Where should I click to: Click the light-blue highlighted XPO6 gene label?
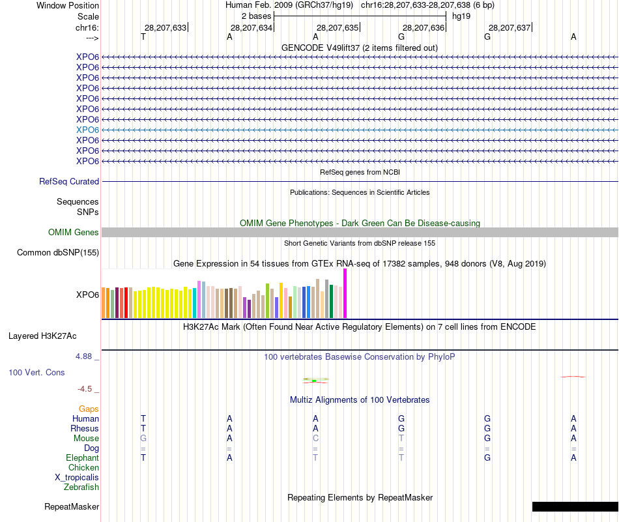coord(87,130)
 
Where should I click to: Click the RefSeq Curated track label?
coord(69,182)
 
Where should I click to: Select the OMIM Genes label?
coord(74,232)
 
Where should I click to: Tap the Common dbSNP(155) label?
coord(58,252)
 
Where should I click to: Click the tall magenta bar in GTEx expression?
coord(345,293)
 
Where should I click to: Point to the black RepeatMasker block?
coord(575,506)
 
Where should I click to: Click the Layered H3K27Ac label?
coord(42,336)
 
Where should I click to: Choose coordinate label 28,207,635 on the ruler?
coord(337,27)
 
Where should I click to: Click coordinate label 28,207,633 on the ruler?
coord(165,27)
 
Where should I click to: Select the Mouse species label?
coord(86,439)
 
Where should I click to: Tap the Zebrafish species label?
coord(81,487)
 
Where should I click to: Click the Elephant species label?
coord(83,458)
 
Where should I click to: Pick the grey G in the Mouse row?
coord(143,439)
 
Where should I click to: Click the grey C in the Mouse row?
coord(315,439)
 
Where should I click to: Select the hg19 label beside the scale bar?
coord(461,16)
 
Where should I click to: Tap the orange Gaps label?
coord(89,409)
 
